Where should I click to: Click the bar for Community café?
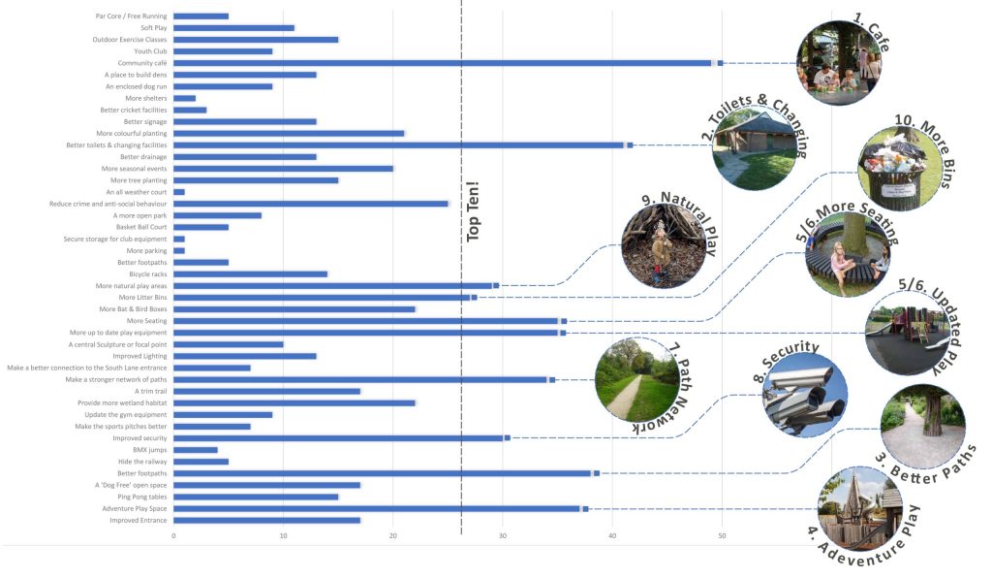point(446,63)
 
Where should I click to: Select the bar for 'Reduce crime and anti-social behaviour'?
point(310,204)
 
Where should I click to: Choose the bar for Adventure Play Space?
point(378,508)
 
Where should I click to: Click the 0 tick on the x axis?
point(174,536)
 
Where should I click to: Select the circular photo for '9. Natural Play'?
point(664,244)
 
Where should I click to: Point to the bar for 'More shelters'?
point(184,98)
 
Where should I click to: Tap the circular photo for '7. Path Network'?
point(635,377)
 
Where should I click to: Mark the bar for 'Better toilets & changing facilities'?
point(397,145)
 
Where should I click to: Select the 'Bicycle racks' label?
point(142,274)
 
